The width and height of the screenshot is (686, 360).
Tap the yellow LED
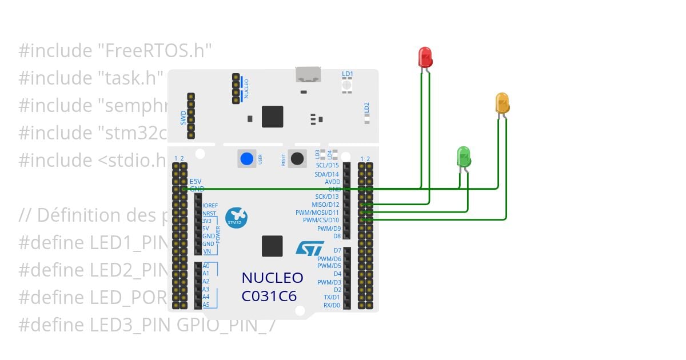click(502, 103)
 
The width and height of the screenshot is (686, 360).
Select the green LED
click(464, 156)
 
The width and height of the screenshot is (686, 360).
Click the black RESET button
click(297, 158)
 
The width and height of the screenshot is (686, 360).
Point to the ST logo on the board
click(309, 248)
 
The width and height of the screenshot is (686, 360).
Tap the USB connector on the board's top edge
click(308, 74)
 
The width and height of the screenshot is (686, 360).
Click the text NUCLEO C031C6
click(272, 287)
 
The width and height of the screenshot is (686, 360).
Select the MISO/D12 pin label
click(325, 205)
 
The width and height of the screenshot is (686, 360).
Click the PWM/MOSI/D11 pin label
click(318, 213)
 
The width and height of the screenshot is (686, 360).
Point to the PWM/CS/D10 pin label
click(321, 220)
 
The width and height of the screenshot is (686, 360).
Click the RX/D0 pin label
click(332, 305)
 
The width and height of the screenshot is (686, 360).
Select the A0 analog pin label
click(206, 266)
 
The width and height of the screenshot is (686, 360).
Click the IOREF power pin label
click(210, 205)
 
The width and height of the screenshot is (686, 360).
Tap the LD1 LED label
click(348, 74)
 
